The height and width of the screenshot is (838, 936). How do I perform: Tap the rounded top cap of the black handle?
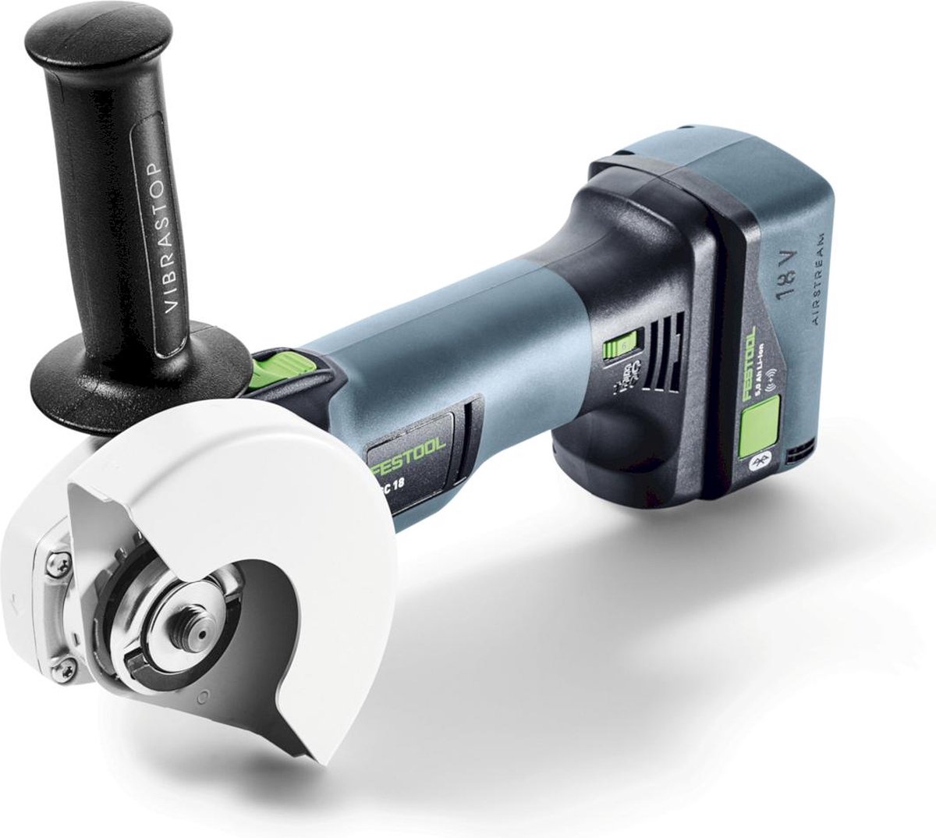click(97, 39)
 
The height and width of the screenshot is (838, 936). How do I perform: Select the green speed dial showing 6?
click(625, 342)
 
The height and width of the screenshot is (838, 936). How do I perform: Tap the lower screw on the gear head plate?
click(66, 666)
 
